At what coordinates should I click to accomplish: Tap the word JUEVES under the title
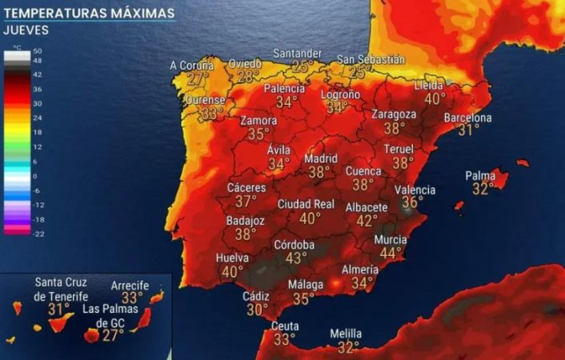click(26, 30)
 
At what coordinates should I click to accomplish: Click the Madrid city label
click(319, 158)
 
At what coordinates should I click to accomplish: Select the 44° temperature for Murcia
click(391, 253)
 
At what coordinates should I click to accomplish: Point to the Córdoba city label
click(294, 245)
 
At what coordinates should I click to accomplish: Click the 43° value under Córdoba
click(296, 258)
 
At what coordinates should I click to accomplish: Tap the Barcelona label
click(468, 118)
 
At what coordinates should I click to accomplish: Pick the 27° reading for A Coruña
click(198, 78)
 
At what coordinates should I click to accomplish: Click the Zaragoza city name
click(394, 114)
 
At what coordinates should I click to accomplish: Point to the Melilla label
click(346, 334)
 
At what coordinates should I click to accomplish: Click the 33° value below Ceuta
click(284, 339)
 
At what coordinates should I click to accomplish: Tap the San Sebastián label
click(371, 59)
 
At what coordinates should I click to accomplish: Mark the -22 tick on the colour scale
click(38, 233)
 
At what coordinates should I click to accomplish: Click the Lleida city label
click(430, 86)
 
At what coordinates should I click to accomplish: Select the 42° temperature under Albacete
click(367, 220)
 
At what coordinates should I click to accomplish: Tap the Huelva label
click(232, 258)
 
